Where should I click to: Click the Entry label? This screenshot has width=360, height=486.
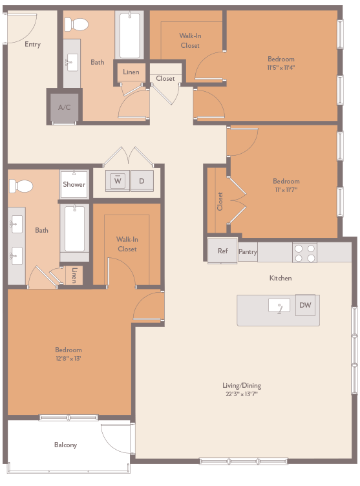tap(32, 45)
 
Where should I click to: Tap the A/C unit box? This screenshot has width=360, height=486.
tap(65, 107)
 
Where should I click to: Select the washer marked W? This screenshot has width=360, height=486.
tap(118, 181)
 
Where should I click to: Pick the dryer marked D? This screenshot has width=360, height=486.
tap(142, 181)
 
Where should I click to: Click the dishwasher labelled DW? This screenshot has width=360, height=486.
tap(306, 305)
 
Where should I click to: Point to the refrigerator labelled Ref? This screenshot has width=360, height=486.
tap(222, 251)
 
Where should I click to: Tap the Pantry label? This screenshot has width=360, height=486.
tap(248, 252)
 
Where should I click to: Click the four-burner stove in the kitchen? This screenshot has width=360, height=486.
tap(304, 253)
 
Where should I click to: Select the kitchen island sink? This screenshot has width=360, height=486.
tap(279, 306)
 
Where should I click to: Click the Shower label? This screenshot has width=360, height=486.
tap(74, 184)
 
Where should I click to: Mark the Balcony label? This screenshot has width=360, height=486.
tap(65, 445)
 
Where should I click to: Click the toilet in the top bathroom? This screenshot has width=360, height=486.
tap(79, 25)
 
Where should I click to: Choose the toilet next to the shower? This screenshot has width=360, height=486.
tap(21, 186)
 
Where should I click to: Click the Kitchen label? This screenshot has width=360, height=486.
tap(281, 278)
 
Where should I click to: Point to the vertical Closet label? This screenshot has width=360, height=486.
tap(220, 201)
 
